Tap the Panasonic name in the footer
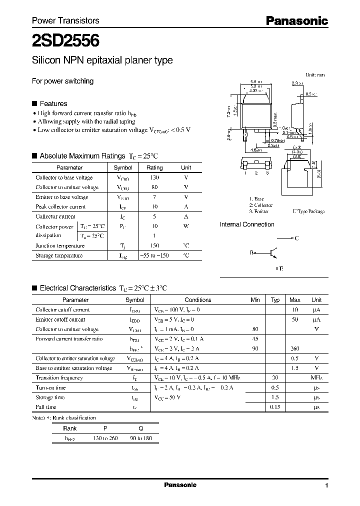[180, 485]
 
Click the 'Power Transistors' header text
[65, 20]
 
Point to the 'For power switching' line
[62, 81]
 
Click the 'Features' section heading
[53, 103]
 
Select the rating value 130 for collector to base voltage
[154, 177]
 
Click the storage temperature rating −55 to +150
[154, 255]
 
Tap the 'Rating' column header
[154, 168]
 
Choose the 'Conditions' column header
[198, 300]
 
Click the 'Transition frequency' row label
[59, 378]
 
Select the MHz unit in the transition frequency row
[316, 378]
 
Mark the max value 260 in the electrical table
[295, 348]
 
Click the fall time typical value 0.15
[275, 407]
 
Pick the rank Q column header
[140, 428]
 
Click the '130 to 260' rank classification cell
[106, 438]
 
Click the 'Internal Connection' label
[247, 224]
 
